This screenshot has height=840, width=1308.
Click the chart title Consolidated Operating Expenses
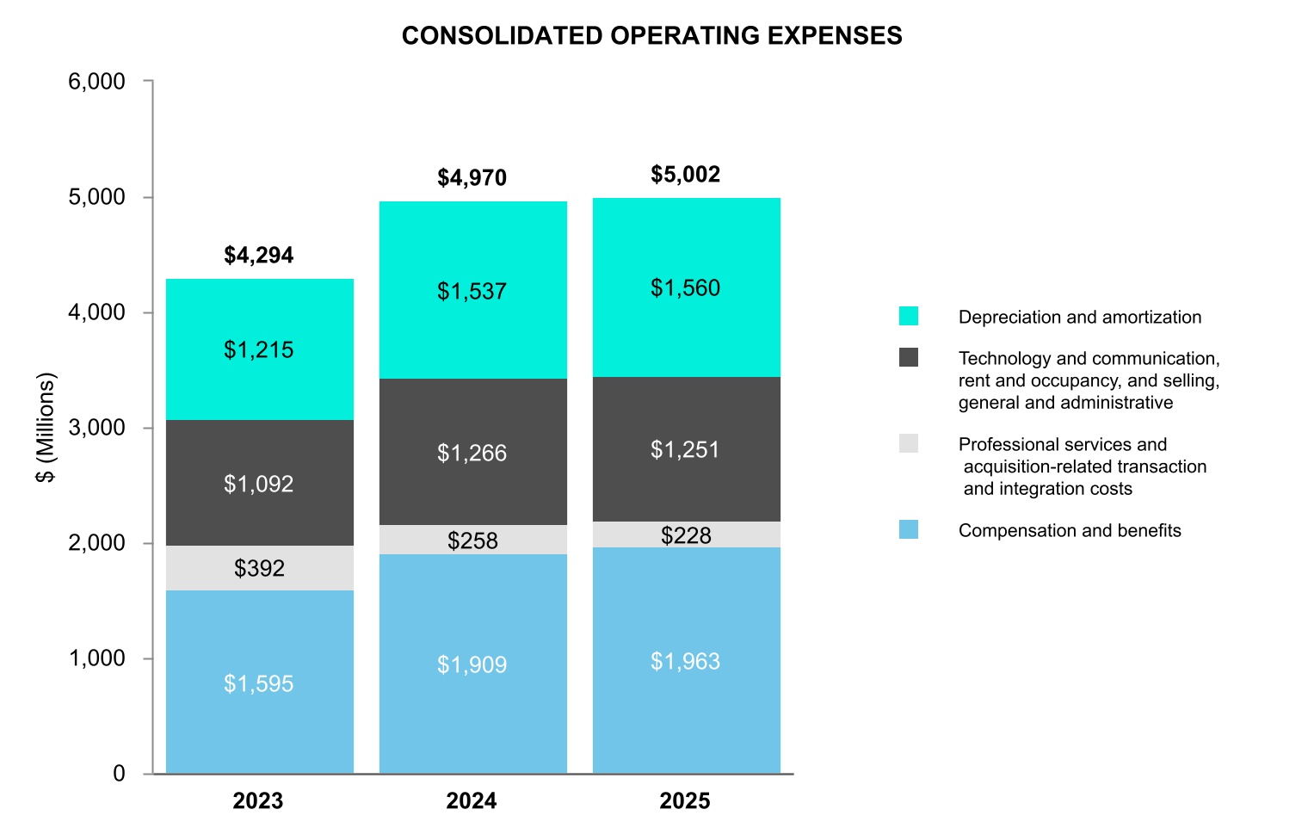tap(651, 35)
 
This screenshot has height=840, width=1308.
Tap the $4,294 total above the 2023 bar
tap(258, 256)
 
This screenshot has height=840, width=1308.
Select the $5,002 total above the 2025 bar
tap(685, 175)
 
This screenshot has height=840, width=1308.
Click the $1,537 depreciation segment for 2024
tap(472, 291)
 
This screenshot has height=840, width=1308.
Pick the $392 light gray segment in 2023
tap(259, 568)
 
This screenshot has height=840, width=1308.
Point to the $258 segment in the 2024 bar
tap(472, 540)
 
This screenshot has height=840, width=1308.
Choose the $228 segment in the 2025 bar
tap(686, 535)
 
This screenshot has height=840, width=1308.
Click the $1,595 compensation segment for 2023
tap(259, 683)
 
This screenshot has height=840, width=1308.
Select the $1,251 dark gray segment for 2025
tap(685, 449)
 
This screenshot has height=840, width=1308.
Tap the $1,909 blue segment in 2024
tap(472, 664)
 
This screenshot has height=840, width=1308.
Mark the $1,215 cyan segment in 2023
tap(259, 349)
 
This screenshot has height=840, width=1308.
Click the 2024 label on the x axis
tap(472, 801)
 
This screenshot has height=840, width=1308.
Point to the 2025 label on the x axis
tap(685, 801)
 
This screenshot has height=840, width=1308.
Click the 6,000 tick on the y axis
tap(96, 82)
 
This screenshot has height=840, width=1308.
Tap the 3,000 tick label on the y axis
tap(96, 428)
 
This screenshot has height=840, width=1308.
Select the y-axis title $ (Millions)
tap(46, 427)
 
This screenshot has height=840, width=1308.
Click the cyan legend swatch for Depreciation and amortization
tap(909, 316)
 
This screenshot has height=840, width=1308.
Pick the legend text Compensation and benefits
tap(1070, 530)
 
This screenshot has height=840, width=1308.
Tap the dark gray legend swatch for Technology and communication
tap(909, 357)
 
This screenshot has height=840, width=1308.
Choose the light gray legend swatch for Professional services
tap(909, 443)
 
